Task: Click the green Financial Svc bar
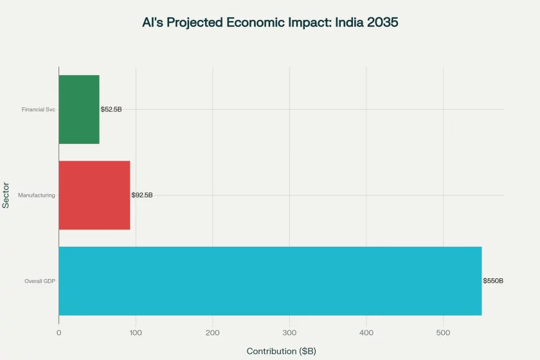78,109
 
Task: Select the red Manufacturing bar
94,195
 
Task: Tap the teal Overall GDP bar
270,281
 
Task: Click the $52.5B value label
111,109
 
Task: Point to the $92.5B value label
142,195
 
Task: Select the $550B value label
493,281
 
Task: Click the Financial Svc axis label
39,109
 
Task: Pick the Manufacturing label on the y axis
37,195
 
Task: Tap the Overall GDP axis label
40,281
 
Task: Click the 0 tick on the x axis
59,332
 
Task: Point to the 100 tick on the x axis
136,332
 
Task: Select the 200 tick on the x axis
212,332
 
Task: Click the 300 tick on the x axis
289,332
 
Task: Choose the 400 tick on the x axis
366,332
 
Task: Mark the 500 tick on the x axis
443,332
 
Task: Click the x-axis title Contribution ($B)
281,351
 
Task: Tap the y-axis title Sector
6,195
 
